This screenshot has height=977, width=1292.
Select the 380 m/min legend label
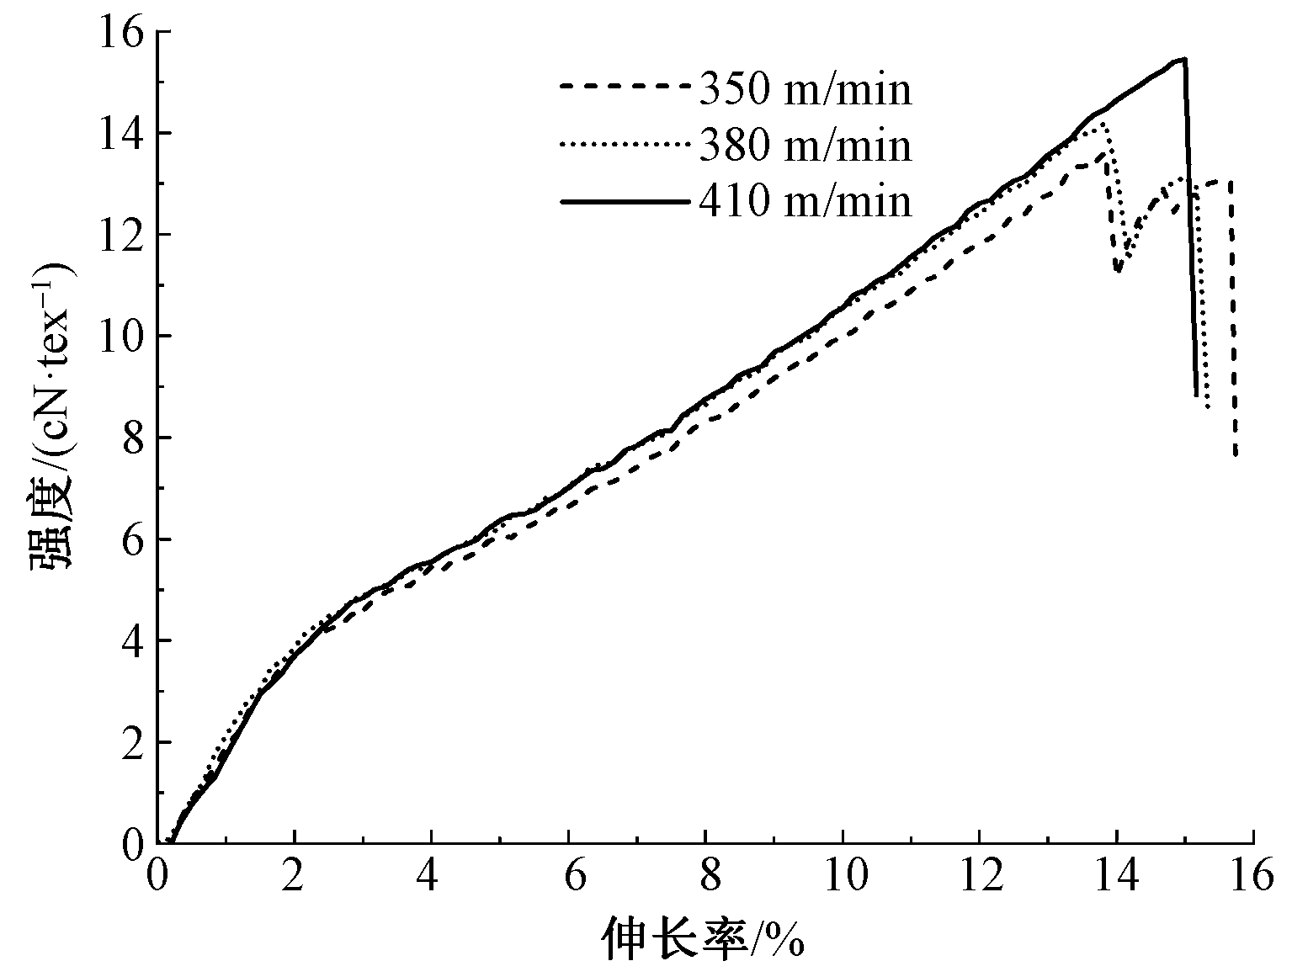coord(806,146)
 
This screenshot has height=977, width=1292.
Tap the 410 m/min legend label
coord(806,202)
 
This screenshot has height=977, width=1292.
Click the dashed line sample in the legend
coord(625,85)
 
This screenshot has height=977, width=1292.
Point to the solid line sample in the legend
coord(625,201)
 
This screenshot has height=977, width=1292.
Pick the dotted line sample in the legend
coord(625,144)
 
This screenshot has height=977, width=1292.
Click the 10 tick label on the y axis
coord(121,337)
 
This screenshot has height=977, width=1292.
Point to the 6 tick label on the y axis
coord(132,539)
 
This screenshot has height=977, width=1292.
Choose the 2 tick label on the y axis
coord(132,742)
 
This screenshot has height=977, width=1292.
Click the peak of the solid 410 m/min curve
coord(1184,59)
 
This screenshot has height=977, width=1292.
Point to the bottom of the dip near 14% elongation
coord(1118,271)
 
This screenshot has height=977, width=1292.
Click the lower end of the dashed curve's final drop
coord(1236,455)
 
